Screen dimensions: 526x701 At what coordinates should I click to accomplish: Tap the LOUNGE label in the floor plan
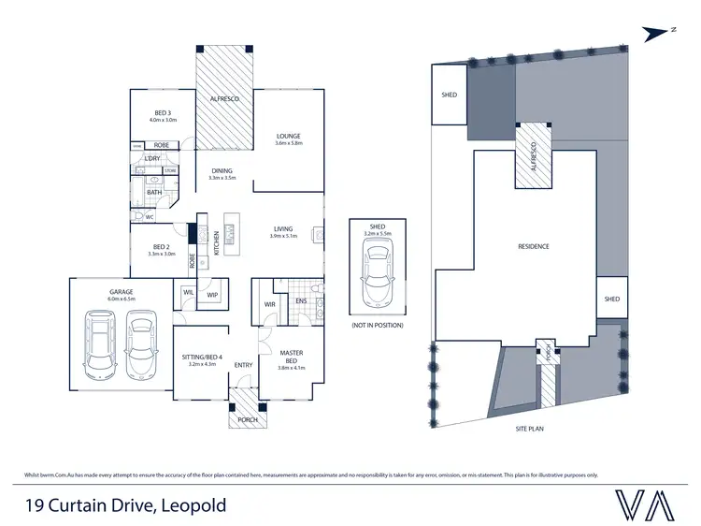click(287, 137)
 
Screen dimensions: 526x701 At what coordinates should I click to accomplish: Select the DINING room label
click(222, 170)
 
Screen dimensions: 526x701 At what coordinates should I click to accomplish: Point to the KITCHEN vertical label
click(217, 243)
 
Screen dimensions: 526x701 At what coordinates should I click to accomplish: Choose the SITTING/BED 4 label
click(202, 356)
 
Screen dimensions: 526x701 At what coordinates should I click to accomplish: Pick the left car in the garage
click(101, 342)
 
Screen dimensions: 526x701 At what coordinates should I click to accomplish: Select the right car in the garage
click(140, 342)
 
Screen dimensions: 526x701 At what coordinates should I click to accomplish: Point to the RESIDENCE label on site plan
click(534, 246)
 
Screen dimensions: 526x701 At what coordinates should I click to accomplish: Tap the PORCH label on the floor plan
click(248, 419)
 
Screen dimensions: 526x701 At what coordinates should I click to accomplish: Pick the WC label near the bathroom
click(149, 216)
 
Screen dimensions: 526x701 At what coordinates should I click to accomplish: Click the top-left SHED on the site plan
click(448, 95)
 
